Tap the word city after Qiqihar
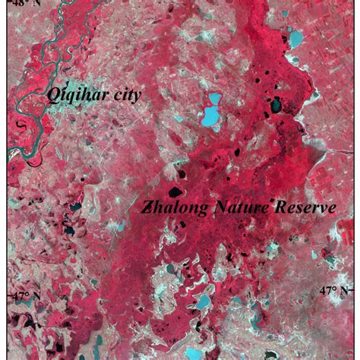(124, 94)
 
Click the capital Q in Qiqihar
(54, 96)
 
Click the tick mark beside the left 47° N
(3, 295)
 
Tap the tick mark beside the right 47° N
(357, 291)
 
